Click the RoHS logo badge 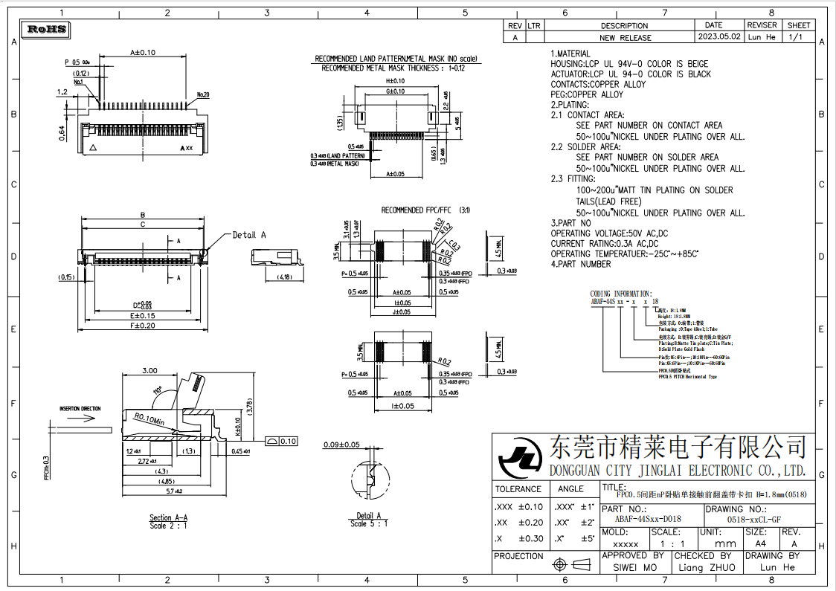pyautogui.click(x=47, y=30)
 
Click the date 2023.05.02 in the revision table pyautogui.click(x=718, y=36)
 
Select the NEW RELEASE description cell pyautogui.click(x=625, y=37)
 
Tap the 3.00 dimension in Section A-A pyautogui.click(x=149, y=370)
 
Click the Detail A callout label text pyautogui.click(x=249, y=235)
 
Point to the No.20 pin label pyautogui.click(x=203, y=95)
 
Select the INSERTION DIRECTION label pyautogui.click(x=80, y=409)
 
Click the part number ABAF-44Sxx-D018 pyautogui.click(x=647, y=519)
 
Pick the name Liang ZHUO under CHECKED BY pyautogui.click(x=707, y=567)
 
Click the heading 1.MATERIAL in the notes pyautogui.click(x=570, y=54)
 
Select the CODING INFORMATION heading pyautogui.click(x=621, y=294)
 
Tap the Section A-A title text pyautogui.click(x=169, y=517)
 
